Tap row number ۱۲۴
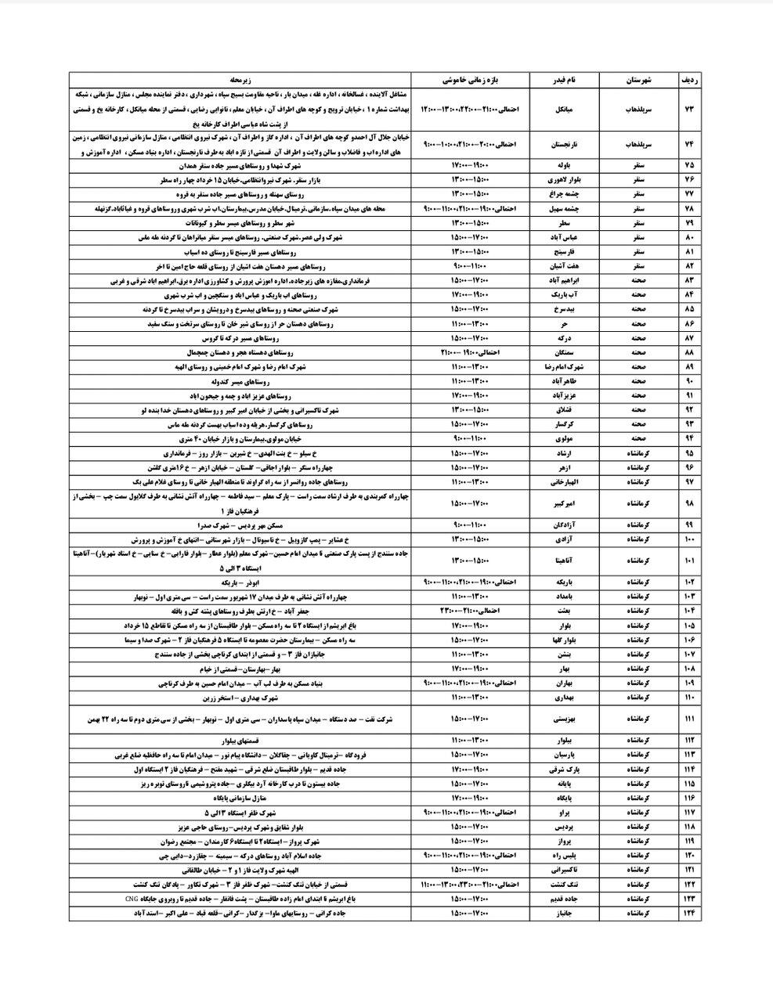click(690, 913)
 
